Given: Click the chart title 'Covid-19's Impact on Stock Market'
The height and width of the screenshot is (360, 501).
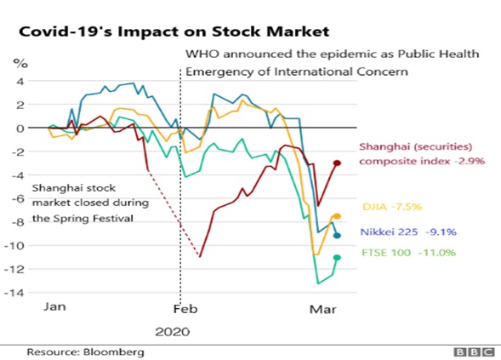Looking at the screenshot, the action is pos(174,32).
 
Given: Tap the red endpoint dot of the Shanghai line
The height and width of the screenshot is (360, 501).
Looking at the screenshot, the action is pos(337,163).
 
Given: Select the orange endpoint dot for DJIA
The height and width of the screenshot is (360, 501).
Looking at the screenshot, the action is pos(337,216).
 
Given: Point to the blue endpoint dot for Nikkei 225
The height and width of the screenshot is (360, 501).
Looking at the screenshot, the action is pos(337,236).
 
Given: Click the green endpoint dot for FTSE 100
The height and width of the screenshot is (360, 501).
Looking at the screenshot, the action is pos(337,257).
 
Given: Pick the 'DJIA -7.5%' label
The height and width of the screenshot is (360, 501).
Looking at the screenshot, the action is pos(392,207).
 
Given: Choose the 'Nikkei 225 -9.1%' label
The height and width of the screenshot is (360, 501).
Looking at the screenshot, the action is pos(408,231).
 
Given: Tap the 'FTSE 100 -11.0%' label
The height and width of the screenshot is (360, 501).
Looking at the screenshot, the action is pos(408,253).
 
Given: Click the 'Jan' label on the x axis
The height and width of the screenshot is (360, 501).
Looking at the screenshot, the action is pos(54,306).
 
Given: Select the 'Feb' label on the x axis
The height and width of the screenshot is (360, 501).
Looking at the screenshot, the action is pos(185,309).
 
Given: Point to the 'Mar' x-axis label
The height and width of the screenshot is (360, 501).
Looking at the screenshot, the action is pos(322,310).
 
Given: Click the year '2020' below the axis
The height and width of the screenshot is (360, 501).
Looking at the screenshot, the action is pos(173,332).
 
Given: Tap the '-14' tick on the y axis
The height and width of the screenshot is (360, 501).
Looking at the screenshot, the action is pos(14,293).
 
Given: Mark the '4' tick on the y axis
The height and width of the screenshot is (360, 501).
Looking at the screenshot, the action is pos(20,81).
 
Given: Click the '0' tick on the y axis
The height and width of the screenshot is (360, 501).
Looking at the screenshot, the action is pos(20,129).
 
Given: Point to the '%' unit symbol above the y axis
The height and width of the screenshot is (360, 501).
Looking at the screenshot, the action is pos(20,63).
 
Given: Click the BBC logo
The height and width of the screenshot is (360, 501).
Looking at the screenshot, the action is pos(474,352).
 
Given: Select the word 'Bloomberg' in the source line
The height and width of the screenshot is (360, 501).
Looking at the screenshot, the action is pos(114,352).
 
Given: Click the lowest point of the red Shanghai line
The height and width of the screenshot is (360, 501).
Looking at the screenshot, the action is pos(200,256).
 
